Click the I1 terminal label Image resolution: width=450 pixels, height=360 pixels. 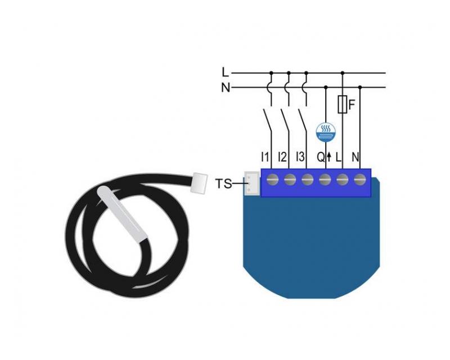coord(265,157)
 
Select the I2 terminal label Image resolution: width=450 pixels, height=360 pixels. coord(282,157)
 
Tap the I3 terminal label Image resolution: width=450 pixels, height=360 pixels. coord(300,157)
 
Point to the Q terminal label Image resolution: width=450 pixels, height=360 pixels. coord(321,157)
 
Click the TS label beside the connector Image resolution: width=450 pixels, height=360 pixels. coord(223,184)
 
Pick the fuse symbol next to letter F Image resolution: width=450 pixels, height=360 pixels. coord(343,104)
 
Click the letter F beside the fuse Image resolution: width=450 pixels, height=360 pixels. coord(352,105)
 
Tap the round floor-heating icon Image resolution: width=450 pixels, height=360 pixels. coord(326,133)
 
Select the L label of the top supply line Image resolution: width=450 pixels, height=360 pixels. coord(226,73)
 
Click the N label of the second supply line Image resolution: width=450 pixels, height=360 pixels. coord(226,87)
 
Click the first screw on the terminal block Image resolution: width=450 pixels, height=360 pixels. coord(272,181)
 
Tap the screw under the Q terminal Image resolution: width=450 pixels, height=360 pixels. coord(325,181)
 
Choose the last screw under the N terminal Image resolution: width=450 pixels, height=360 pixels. coord(359,181)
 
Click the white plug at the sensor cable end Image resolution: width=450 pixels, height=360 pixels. coord(200,183)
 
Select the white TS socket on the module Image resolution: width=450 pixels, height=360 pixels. coord(251,184)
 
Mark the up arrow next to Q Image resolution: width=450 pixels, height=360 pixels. coord(329,157)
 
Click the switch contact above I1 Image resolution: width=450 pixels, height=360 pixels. coord(267,120)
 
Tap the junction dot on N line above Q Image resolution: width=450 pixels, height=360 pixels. coord(326,87)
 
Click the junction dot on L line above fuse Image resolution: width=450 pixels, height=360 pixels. coord(343,73)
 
